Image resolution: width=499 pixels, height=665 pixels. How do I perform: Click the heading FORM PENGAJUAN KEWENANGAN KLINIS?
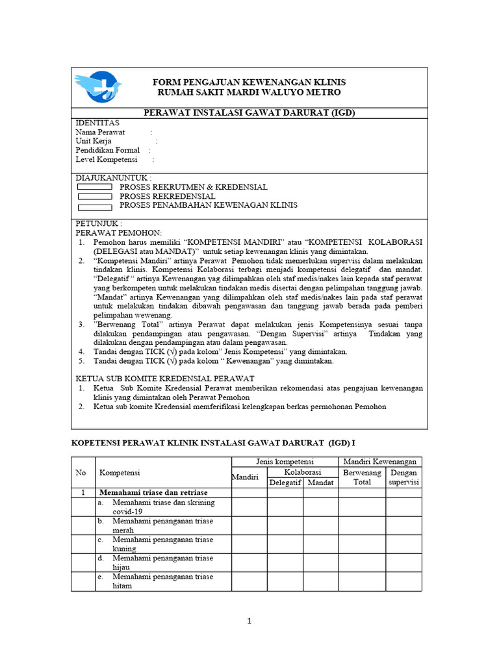click(x=249, y=82)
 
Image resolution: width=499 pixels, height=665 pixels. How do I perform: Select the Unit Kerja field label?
click(x=94, y=141)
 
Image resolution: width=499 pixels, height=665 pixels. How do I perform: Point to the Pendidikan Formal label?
click(x=107, y=150)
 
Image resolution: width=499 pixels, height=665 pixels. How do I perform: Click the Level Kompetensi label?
click(x=107, y=159)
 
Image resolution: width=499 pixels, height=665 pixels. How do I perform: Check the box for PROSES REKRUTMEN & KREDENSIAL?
click(x=95, y=187)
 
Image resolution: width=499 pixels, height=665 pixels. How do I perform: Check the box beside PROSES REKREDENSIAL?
click(x=95, y=196)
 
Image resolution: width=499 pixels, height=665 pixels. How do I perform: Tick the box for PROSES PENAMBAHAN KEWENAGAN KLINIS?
click(x=95, y=207)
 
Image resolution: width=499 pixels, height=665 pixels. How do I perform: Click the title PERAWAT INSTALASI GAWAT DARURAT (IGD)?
click(x=249, y=113)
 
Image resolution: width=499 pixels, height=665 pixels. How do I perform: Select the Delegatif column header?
click(x=285, y=483)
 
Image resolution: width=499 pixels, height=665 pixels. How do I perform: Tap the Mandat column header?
click(x=320, y=483)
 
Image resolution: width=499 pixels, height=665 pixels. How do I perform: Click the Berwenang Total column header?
click(x=362, y=477)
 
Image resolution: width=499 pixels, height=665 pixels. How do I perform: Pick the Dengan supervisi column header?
click(x=403, y=477)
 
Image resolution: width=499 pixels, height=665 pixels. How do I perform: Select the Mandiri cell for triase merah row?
click(x=249, y=525)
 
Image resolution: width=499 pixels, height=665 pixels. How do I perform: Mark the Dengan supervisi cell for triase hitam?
click(x=403, y=581)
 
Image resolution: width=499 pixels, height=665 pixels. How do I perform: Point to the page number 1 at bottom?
click(x=249, y=621)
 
